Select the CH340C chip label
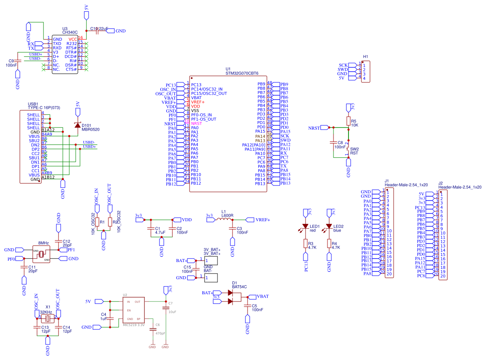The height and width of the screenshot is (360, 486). click(x=70, y=32)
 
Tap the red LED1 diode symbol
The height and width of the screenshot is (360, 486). click(x=306, y=226)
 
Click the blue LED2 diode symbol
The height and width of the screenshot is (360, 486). click(x=329, y=226)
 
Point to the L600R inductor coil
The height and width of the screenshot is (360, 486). click(x=223, y=220)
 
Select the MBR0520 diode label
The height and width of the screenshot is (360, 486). click(x=91, y=129)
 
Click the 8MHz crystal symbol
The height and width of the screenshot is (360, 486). click(x=41, y=254)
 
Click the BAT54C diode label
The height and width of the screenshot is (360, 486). click(x=239, y=287)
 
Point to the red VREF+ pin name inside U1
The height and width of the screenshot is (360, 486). click(x=198, y=102)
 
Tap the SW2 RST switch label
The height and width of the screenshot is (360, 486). click(x=355, y=151)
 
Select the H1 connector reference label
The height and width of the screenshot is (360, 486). click(x=365, y=57)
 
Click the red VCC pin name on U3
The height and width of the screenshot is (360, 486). click(x=73, y=39)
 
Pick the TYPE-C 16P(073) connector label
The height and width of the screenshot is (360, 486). click(x=43, y=108)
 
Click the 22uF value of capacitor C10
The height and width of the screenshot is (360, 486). click(x=103, y=28)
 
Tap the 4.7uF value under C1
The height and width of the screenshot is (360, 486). click(x=160, y=232)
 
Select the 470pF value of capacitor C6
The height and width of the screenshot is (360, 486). click(x=160, y=333)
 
